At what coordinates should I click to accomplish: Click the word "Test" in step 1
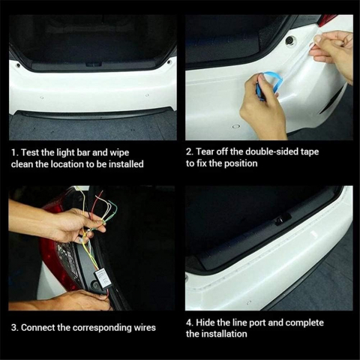click(30, 152)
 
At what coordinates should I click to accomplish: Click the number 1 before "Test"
click(14, 152)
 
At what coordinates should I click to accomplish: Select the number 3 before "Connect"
click(14, 328)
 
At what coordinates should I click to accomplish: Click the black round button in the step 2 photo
click(290, 40)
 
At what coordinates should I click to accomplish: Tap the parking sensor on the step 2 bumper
click(236, 127)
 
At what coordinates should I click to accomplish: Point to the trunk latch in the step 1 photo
click(94, 64)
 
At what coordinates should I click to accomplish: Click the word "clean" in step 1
click(22, 164)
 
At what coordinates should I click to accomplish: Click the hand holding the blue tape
click(262, 107)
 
